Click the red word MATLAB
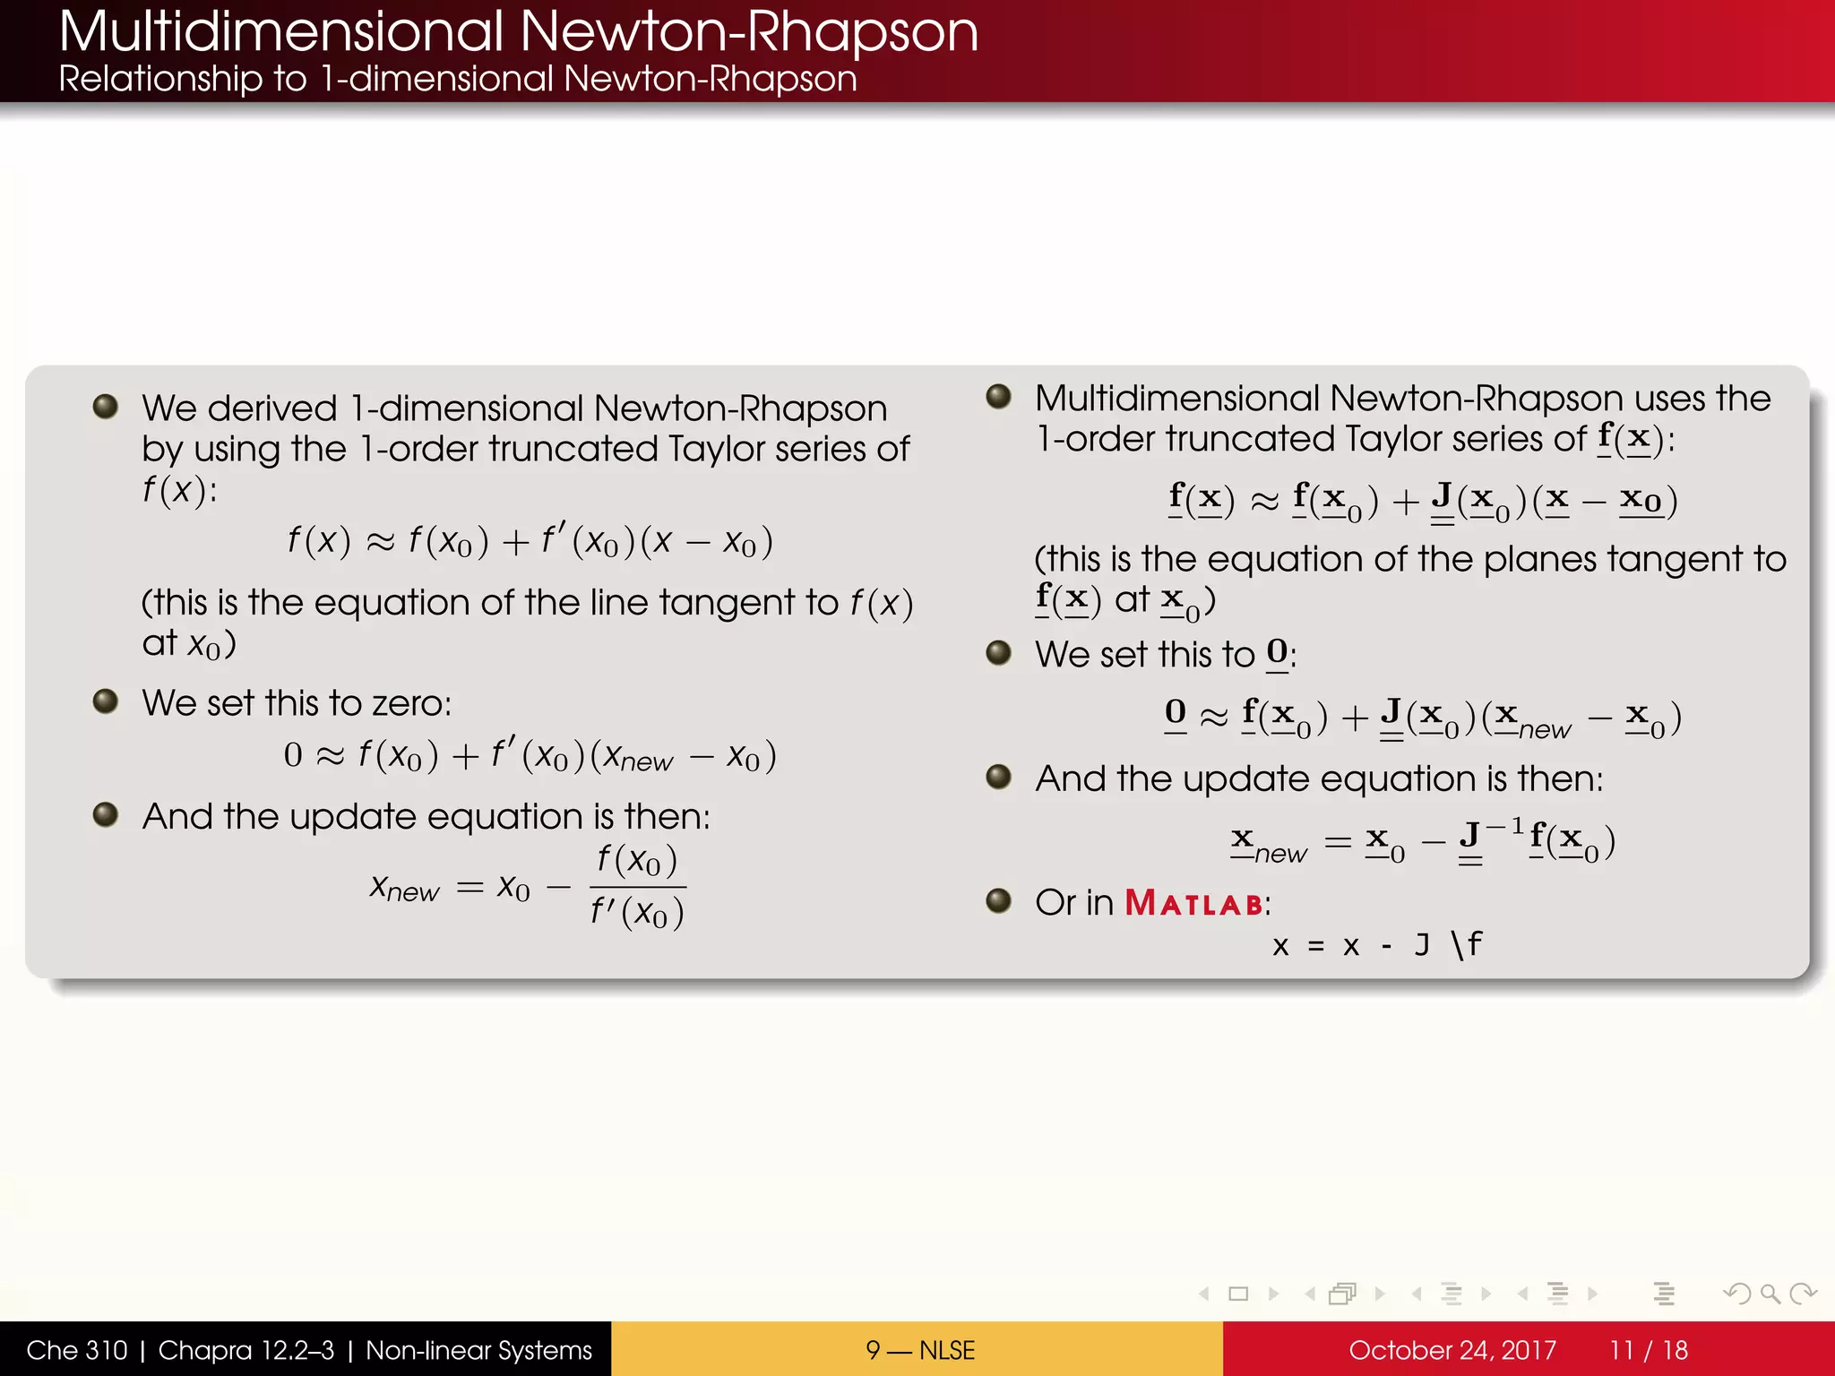(x=1193, y=903)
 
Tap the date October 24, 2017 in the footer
(x=1452, y=1350)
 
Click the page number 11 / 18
(x=1648, y=1350)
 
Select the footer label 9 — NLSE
(x=919, y=1350)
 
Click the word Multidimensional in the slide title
(x=281, y=32)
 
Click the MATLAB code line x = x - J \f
(x=1376, y=944)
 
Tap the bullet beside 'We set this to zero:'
(x=106, y=701)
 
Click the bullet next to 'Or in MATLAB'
(x=998, y=899)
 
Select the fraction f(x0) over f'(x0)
(x=637, y=887)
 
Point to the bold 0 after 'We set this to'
(x=1277, y=652)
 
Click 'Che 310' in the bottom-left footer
(x=77, y=1350)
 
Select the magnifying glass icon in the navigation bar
(x=1770, y=1294)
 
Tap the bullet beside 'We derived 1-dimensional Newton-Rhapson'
(x=106, y=407)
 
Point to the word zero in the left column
(x=409, y=703)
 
